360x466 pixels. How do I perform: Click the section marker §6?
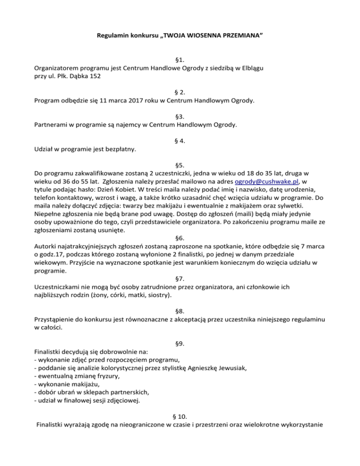(180, 242)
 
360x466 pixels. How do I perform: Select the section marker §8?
(180, 310)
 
